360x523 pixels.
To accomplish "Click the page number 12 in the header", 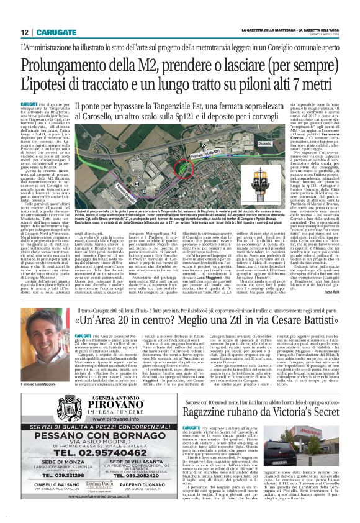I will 24,32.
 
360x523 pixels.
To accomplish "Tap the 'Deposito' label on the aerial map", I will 264,143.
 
